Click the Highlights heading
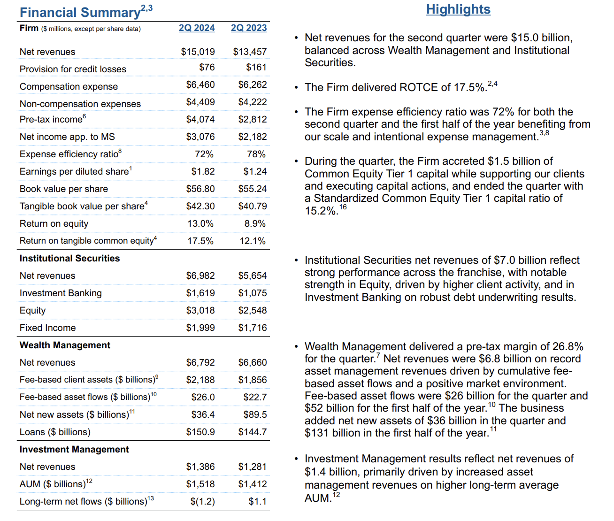458,9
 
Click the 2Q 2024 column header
197,28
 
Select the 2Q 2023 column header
249,28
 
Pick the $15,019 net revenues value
198,52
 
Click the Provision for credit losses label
73,69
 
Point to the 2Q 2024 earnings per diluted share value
203,171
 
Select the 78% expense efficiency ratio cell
256,154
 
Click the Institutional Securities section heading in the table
69,258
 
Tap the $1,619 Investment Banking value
200,293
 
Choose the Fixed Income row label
47,328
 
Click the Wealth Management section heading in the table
65,345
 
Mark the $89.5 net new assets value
255,414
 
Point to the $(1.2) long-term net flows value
202,501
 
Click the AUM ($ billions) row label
53,484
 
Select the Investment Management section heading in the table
74,449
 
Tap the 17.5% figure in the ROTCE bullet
469,88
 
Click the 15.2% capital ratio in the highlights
321,211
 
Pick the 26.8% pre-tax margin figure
568,347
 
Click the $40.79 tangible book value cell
252,206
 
